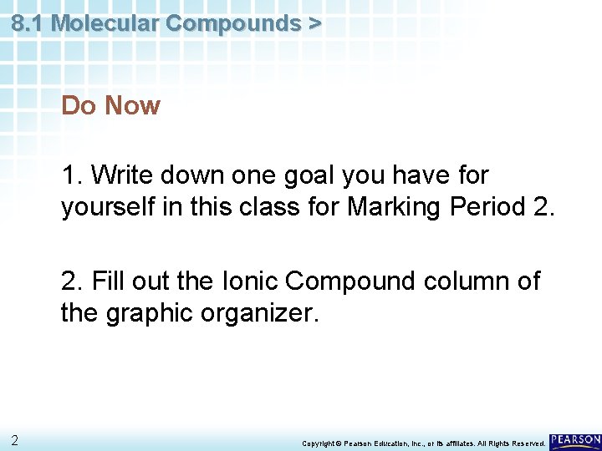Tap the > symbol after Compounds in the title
314,23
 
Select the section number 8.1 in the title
28,23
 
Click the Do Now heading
110,106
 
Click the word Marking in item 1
387,205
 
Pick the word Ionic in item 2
248,281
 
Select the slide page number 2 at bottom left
14,440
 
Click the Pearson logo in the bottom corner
575,439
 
